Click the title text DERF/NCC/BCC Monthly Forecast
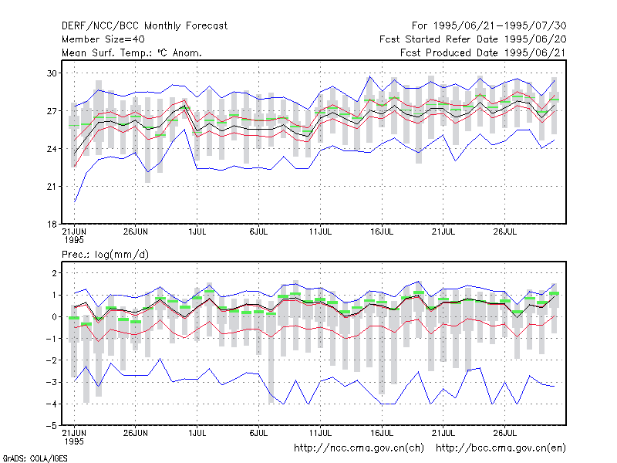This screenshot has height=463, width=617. [x=144, y=26]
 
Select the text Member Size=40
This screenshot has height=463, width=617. [x=103, y=39]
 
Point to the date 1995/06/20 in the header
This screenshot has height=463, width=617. [x=535, y=39]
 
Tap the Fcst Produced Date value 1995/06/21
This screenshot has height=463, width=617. [x=535, y=52]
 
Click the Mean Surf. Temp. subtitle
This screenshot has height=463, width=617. [x=132, y=52]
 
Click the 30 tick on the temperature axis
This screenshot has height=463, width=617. [x=52, y=73]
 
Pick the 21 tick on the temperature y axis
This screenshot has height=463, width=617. [x=52, y=187]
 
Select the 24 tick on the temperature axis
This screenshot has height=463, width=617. [x=52, y=149]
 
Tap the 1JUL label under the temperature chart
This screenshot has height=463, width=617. [x=197, y=231]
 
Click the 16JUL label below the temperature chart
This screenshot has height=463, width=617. [x=382, y=231]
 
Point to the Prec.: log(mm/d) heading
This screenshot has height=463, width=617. [x=105, y=255]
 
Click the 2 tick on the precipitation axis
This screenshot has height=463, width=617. [x=54, y=273]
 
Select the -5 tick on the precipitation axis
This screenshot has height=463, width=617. [x=51, y=426]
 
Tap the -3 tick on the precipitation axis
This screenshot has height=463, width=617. [x=51, y=382]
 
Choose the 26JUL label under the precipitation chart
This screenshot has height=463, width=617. [x=505, y=433]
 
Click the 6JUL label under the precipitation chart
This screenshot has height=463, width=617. [x=258, y=433]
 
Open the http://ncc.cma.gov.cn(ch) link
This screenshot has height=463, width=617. [x=359, y=448]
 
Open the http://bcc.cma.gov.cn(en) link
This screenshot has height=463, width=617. [x=501, y=448]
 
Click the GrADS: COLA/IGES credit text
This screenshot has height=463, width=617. [x=35, y=458]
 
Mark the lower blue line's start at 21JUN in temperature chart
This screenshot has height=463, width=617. [x=74, y=202]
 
